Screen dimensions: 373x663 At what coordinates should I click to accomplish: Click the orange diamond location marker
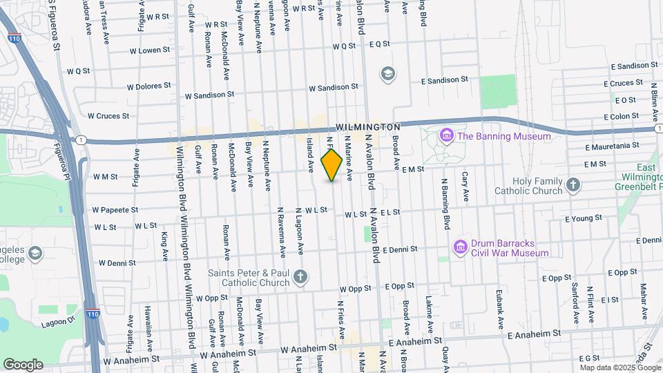click(331, 165)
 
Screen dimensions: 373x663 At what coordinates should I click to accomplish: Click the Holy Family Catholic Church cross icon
click(573, 184)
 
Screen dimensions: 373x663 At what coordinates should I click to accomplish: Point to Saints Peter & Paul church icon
click(300, 278)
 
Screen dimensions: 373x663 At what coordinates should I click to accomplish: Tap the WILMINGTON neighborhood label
click(368, 128)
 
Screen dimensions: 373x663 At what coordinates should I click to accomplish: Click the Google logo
click(23, 364)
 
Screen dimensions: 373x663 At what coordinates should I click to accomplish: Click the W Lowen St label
click(149, 50)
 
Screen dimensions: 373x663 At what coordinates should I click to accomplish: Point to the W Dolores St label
click(149, 87)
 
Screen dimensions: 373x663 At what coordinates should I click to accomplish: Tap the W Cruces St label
click(108, 116)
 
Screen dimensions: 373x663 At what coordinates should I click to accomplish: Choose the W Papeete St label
click(115, 209)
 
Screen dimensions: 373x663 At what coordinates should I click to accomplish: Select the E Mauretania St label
click(612, 146)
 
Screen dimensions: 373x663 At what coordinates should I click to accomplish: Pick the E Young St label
click(584, 218)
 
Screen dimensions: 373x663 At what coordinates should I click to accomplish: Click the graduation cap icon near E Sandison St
click(388, 73)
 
